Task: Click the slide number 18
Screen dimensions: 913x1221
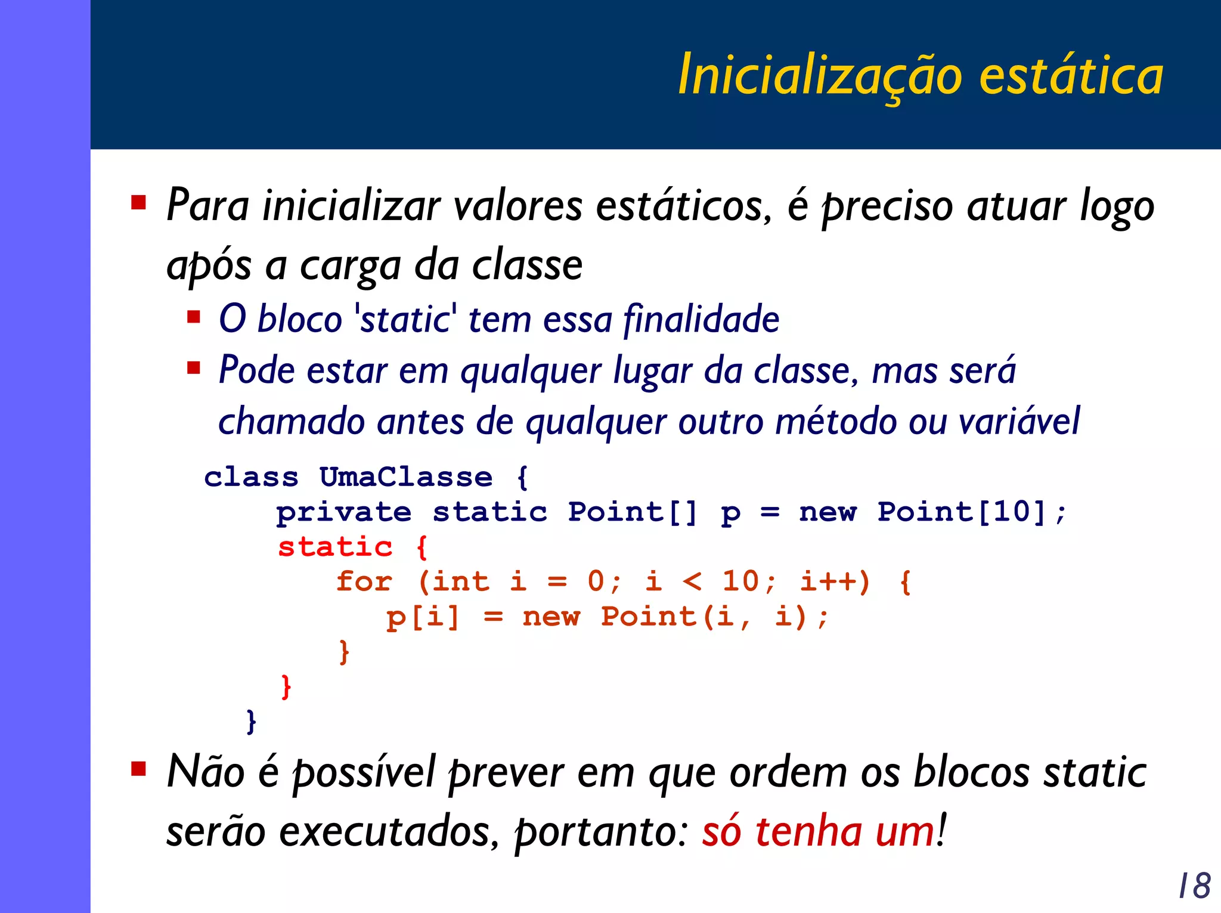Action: pos(1195,886)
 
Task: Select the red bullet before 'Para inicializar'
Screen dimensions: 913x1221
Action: pos(139,203)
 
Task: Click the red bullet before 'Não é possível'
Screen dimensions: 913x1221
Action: pos(139,769)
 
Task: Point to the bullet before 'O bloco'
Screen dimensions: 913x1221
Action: pos(194,316)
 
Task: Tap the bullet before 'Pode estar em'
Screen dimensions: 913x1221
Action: pos(194,367)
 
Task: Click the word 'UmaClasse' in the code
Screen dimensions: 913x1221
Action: pos(406,477)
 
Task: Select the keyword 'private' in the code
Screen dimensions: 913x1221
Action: pos(344,512)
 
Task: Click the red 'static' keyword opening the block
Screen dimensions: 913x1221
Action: pos(335,547)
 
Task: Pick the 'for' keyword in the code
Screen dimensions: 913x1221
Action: pos(364,581)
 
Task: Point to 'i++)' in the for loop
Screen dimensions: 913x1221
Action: pos(835,581)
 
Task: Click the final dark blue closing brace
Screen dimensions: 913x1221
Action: pos(251,721)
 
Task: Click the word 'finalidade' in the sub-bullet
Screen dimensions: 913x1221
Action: pos(701,318)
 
